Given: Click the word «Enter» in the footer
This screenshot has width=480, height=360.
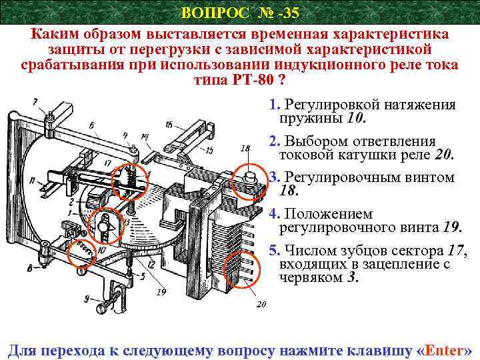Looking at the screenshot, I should pyautogui.click(x=444, y=349).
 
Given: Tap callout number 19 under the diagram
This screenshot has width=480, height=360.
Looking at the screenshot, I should pyautogui.click(x=160, y=292).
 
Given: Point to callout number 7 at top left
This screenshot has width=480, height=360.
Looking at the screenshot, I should pyautogui.click(x=33, y=101).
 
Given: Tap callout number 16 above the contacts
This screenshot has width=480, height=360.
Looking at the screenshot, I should pyautogui.click(x=169, y=124).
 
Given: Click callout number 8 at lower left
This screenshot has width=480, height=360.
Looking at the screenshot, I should pyautogui.click(x=30, y=269).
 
